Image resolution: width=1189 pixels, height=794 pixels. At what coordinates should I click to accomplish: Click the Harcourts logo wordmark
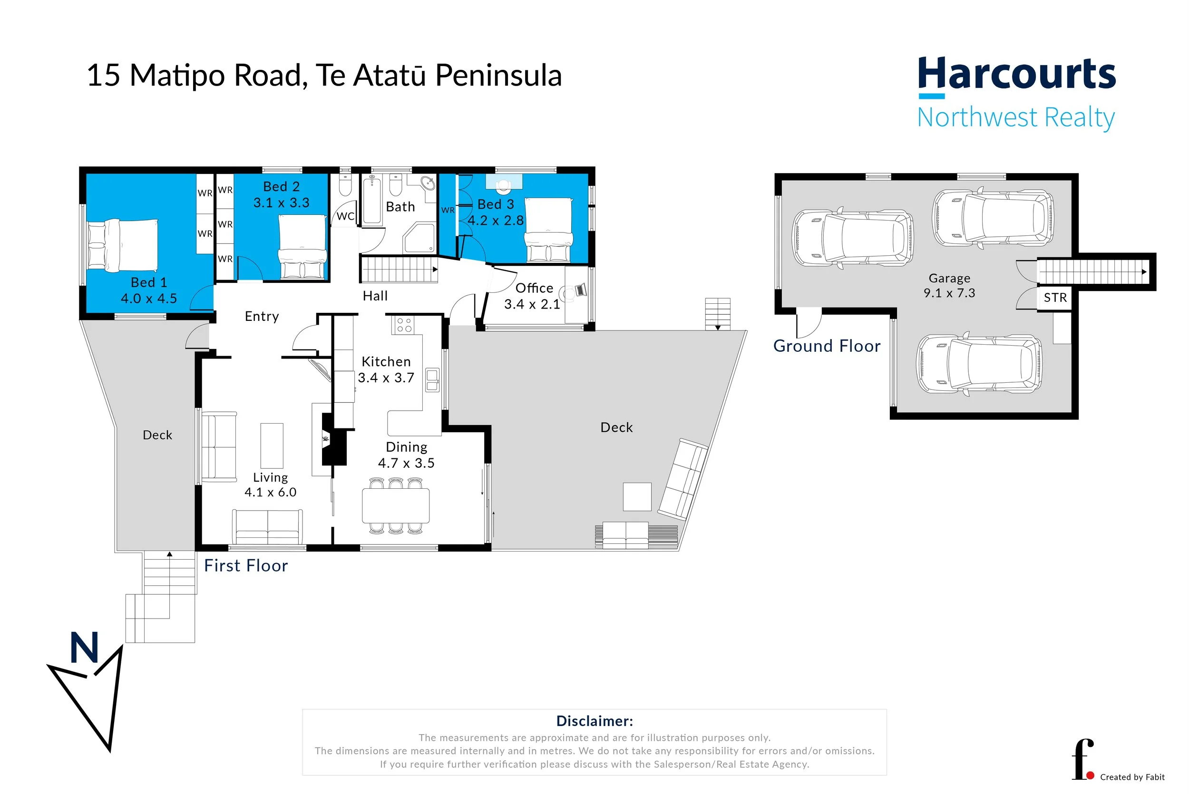point(1016,74)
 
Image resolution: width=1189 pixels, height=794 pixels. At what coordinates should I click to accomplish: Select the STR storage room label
point(1055,298)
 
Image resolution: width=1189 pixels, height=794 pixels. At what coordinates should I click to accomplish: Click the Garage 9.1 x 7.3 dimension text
point(949,293)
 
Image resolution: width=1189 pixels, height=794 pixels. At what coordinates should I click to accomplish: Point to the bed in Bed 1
point(123,246)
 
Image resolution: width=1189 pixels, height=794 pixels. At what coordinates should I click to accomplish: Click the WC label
point(345,216)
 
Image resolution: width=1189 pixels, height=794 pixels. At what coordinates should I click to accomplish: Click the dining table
point(396,505)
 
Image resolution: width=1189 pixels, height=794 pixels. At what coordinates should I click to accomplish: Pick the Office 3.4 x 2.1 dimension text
point(532,304)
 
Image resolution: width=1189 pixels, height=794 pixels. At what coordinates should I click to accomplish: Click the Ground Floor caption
point(827,346)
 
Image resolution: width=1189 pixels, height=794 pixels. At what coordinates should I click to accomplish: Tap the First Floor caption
point(245,566)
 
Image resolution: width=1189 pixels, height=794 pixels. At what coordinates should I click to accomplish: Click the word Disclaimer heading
point(594,721)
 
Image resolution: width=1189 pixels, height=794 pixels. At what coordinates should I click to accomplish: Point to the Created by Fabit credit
point(1132,777)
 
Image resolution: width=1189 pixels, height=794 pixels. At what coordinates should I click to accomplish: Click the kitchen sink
point(432,380)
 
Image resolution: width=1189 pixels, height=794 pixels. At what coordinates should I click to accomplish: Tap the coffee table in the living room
point(272,445)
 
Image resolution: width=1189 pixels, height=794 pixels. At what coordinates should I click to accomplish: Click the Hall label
point(375,296)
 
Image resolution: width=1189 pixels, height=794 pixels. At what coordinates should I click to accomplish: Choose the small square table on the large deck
point(636,497)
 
